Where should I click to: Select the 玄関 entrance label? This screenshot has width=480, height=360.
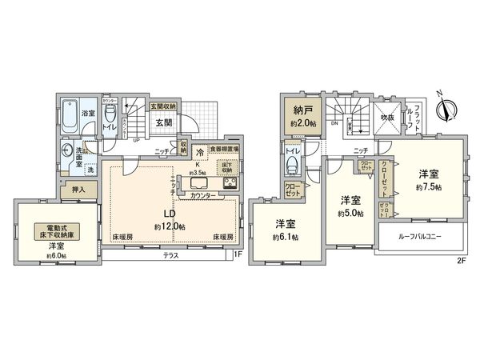[164, 122]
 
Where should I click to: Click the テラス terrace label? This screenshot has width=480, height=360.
[170, 256]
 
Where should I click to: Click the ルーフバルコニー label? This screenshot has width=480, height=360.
[420, 237]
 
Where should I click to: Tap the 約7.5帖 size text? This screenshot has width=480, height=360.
[430, 187]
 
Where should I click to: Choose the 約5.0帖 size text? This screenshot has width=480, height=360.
[350, 214]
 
